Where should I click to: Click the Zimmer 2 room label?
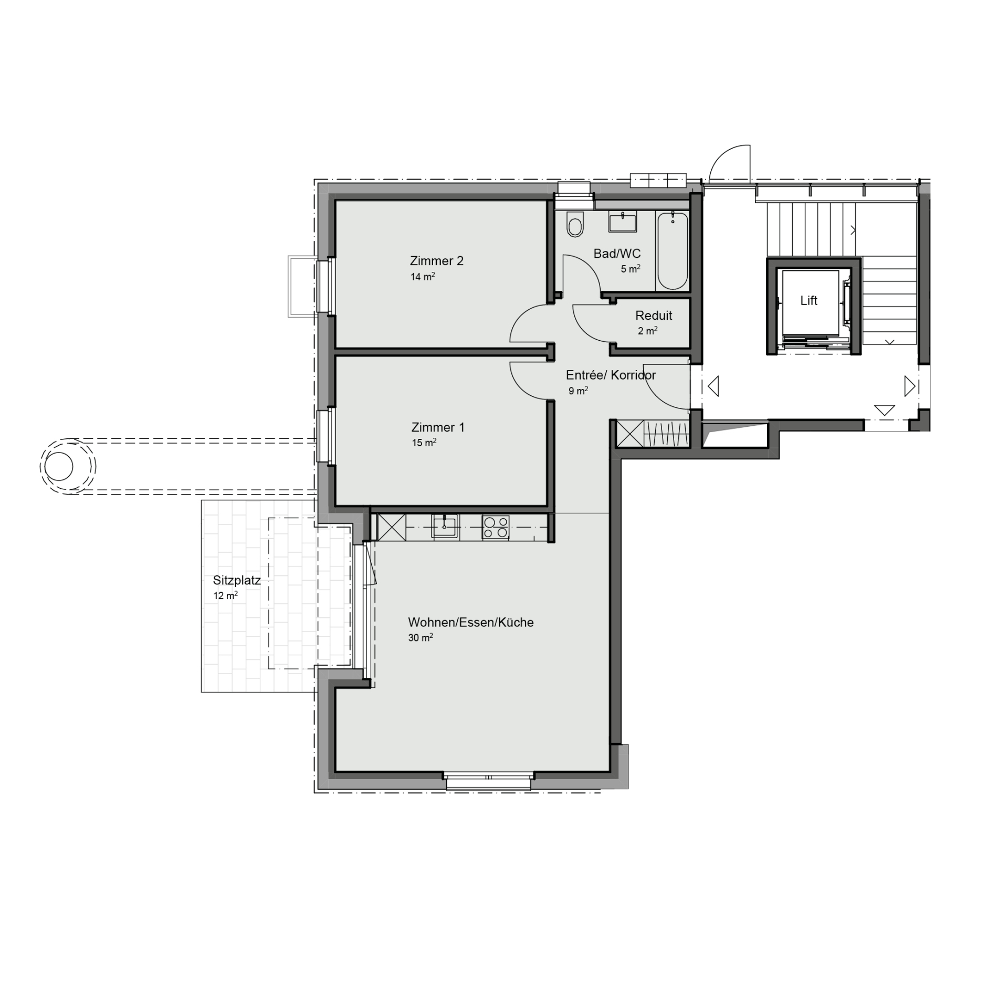coord(436,261)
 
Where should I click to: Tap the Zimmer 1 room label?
coord(438,427)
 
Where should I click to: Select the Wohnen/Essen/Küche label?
coord(471,623)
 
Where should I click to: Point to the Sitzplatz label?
coord(237,581)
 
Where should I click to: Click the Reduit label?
coord(654,316)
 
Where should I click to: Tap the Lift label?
coord(808,300)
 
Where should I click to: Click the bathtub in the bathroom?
coord(673,251)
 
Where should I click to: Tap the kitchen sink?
coord(445,526)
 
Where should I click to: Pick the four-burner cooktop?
coord(496,527)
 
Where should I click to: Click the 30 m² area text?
coord(421,637)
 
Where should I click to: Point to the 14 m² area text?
coord(423,276)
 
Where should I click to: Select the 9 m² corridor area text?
coord(578,391)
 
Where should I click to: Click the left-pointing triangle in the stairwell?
coord(713,386)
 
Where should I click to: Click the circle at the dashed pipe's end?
coord(59,466)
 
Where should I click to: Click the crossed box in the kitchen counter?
coord(392,527)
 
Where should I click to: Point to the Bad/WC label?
coord(617,254)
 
